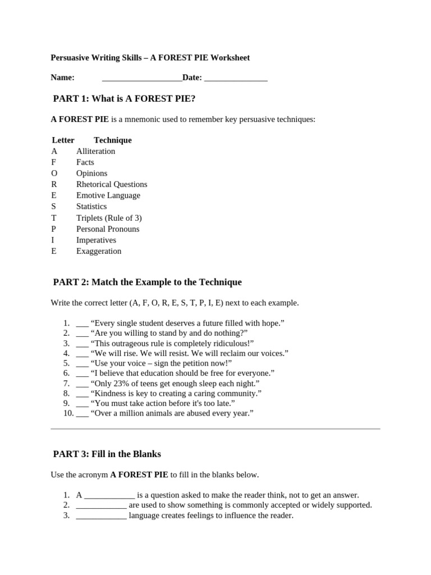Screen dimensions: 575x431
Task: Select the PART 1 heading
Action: click(x=124, y=99)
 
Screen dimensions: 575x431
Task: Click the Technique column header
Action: click(x=113, y=140)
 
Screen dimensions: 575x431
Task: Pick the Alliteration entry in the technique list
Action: click(x=96, y=151)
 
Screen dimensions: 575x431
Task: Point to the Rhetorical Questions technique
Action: click(x=112, y=184)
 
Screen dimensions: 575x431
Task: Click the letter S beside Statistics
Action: click(x=54, y=207)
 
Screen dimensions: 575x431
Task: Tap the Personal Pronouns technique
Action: click(x=108, y=229)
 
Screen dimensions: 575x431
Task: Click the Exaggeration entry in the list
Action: click(x=99, y=251)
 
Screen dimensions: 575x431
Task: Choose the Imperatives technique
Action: click(x=97, y=240)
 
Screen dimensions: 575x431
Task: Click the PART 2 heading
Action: click(x=147, y=282)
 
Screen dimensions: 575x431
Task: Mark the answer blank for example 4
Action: click(x=82, y=354)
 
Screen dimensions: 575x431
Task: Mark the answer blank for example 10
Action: click(x=82, y=414)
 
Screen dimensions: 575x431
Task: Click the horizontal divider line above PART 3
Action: click(x=215, y=429)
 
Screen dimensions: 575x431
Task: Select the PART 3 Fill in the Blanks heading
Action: click(x=107, y=454)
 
